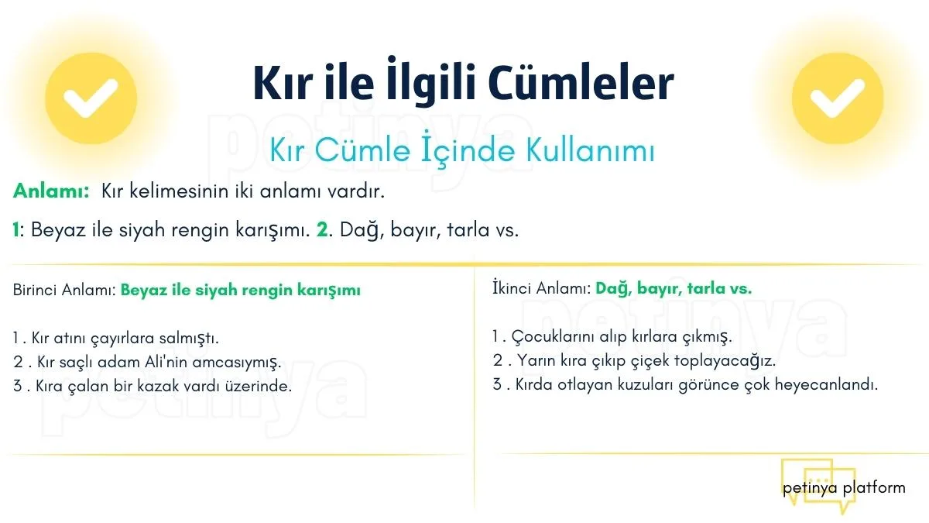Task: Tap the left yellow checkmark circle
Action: point(91,98)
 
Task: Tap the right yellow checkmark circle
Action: point(838,98)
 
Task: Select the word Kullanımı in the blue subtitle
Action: point(591,150)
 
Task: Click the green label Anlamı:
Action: point(51,191)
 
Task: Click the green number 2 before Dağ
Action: point(322,229)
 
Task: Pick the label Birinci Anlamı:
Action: point(64,290)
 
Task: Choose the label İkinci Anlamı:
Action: point(542,288)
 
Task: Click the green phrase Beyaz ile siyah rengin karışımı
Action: point(241,290)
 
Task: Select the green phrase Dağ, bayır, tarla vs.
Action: point(674,288)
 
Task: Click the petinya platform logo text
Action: point(844,487)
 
